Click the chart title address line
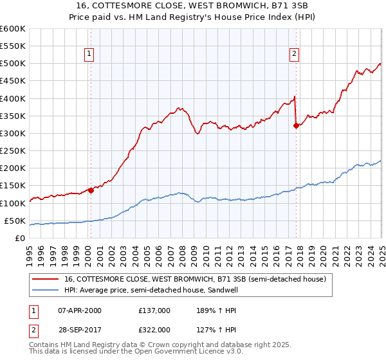coord(192,5)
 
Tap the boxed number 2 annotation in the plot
coord(294,55)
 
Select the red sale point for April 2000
coord(91,190)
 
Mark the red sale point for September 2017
coord(296,125)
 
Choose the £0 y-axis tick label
coord(20,238)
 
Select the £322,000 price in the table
coord(154,330)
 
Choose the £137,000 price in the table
coord(154,310)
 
